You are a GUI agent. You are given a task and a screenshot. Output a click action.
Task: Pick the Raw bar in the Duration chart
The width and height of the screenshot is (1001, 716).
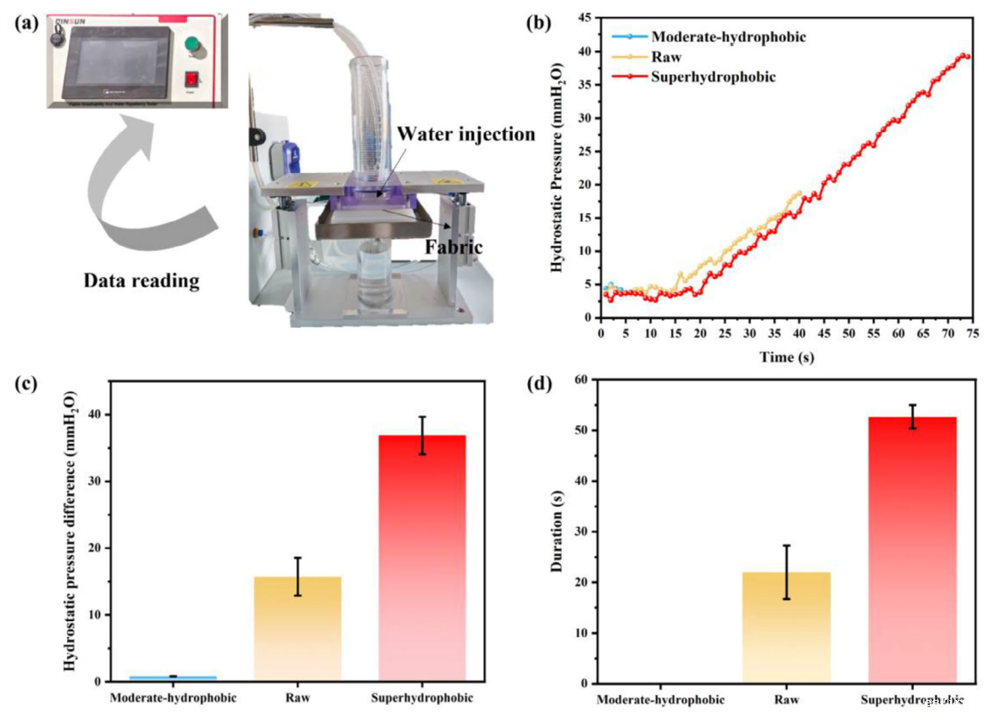pyautogui.click(x=785, y=628)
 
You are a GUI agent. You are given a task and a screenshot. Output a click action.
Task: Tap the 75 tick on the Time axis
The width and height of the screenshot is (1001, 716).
pyautogui.click(x=972, y=334)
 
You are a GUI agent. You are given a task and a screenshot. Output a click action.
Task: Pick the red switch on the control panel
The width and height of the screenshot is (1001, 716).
pyautogui.click(x=192, y=79)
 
